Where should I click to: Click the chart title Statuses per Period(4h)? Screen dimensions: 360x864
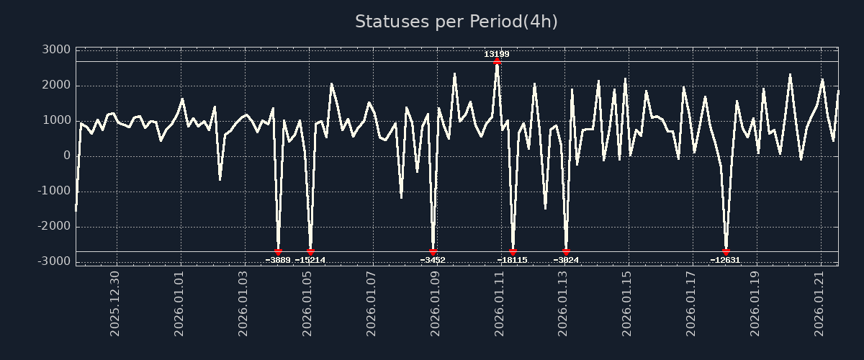pyautogui.click(x=456, y=22)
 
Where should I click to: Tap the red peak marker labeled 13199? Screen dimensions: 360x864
pyautogui.click(x=497, y=62)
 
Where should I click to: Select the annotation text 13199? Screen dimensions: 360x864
pyautogui.click(x=497, y=54)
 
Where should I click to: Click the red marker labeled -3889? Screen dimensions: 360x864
pyautogui.click(x=279, y=251)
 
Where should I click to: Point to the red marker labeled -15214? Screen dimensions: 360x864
pyautogui.click(x=310, y=251)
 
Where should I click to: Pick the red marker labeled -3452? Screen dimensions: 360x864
pyautogui.click(x=433, y=251)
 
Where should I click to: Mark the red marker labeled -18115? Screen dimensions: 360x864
pyautogui.click(x=513, y=251)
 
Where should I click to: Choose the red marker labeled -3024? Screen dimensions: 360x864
pyautogui.click(x=566, y=251)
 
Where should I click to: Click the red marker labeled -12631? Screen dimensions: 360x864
pyautogui.click(x=726, y=251)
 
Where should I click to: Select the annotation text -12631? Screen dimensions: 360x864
pyautogui.click(x=725, y=260)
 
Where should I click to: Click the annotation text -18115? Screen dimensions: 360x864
pyautogui.click(x=512, y=260)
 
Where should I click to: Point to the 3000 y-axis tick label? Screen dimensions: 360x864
pyautogui.click(x=56, y=50)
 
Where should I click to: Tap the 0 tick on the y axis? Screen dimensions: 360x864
pyautogui.click(x=66, y=156)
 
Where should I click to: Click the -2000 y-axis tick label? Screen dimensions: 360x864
pyautogui.click(x=54, y=226)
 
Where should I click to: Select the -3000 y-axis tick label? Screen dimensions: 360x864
pyautogui.click(x=54, y=261)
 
